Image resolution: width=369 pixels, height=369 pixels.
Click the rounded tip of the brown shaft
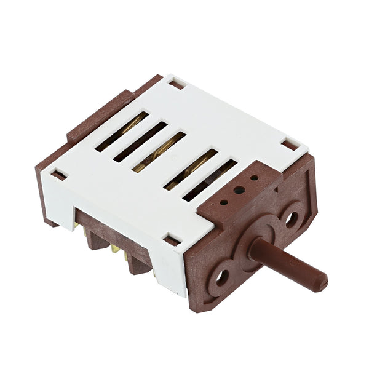(x=321, y=282)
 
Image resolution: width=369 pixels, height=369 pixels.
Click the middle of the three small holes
(x=239, y=189)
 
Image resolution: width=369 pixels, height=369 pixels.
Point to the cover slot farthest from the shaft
(x=121, y=131)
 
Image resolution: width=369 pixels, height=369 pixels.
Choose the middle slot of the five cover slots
(x=159, y=151)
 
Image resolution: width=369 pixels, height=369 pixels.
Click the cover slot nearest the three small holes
(x=210, y=181)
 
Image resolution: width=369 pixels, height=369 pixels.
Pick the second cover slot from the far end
(x=140, y=141)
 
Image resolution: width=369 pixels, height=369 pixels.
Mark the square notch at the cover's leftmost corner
(x=58, y=175)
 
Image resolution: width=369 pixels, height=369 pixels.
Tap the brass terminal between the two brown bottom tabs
(x=115, y=249)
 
